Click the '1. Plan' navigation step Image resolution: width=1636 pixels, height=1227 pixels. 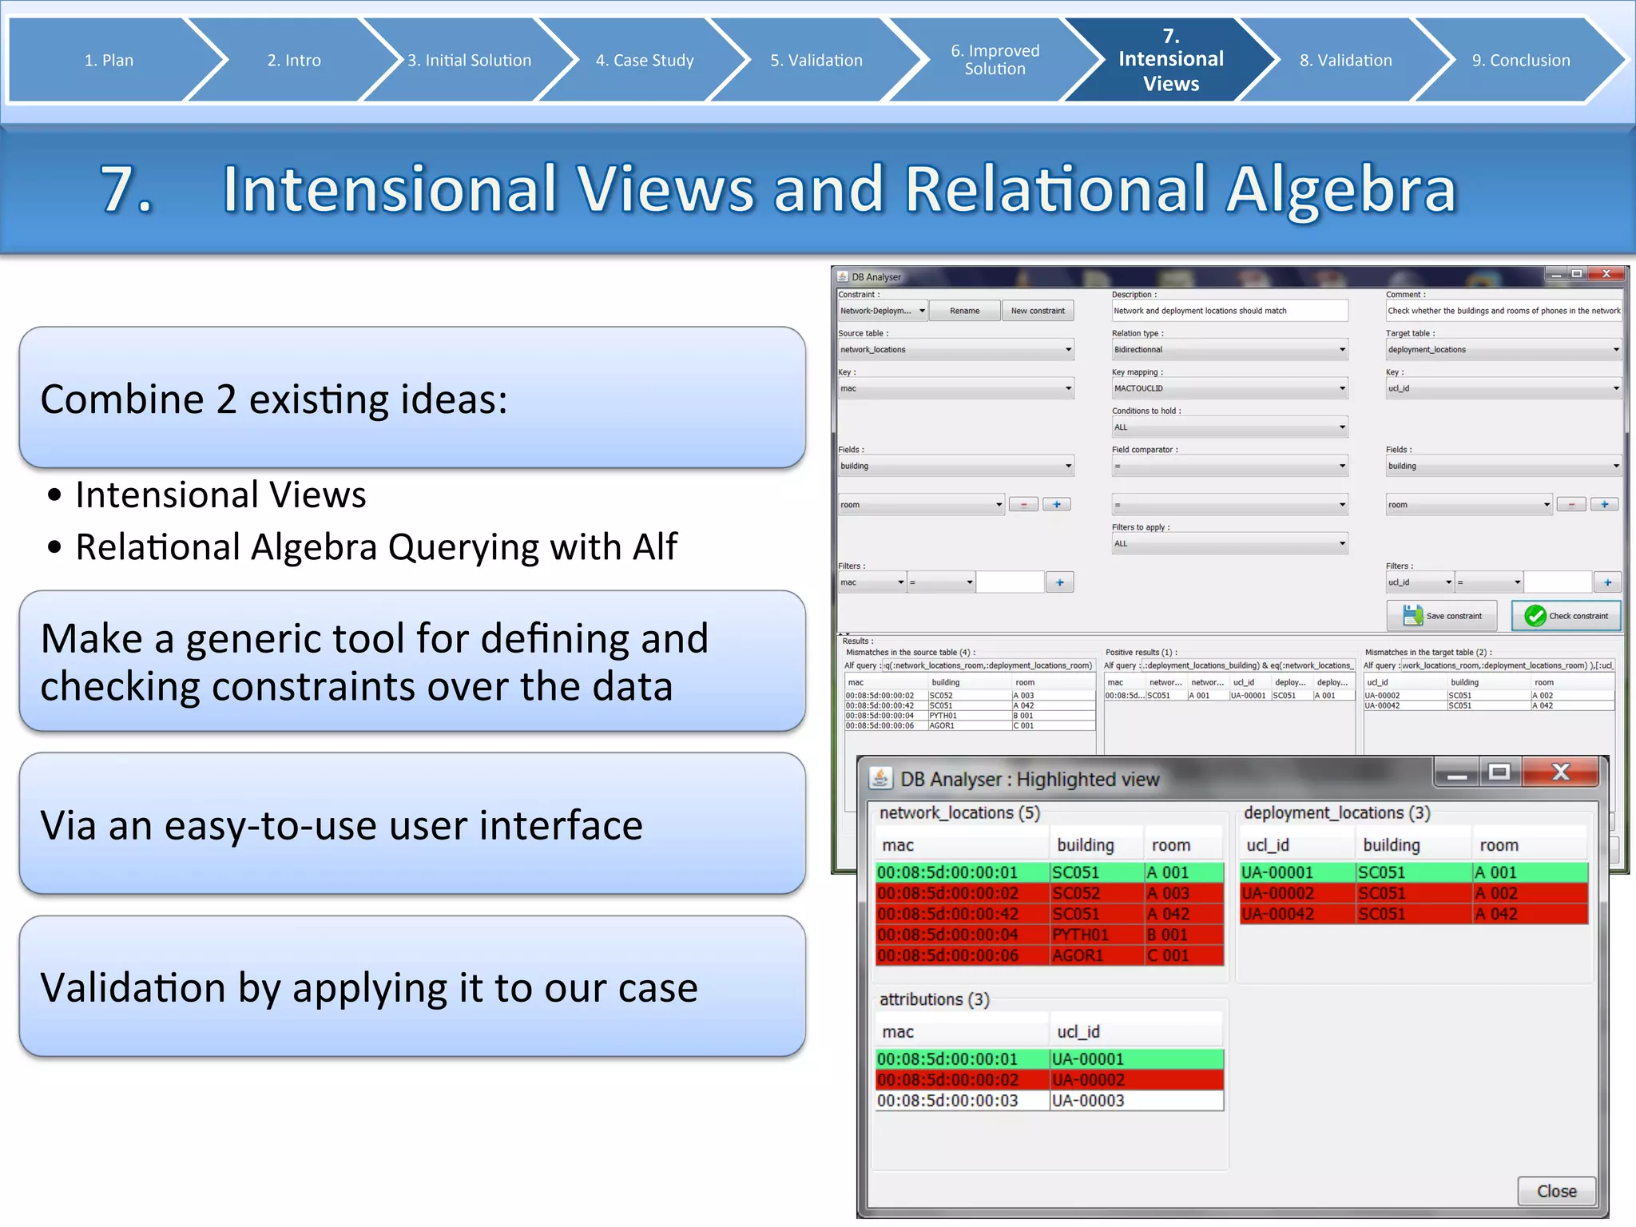tap(109, 60)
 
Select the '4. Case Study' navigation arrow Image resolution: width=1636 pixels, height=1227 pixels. tap(645, 60)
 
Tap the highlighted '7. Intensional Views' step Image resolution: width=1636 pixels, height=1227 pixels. tap(1170, 60)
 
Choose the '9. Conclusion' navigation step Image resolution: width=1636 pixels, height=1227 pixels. tap(1520, 60)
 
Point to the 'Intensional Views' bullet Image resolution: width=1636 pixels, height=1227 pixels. tap(220, 494)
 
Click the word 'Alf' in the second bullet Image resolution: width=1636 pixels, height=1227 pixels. tap(654, 547)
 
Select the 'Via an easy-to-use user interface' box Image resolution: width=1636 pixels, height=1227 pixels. tap(411, 824)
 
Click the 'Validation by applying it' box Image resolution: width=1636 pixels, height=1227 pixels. tap(411, 987)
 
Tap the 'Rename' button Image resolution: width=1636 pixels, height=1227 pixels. tap(964, 311)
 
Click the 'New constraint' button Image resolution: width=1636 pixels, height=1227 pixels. tap(1038, 311)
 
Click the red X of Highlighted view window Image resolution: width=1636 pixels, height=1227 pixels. tap(1560, 772)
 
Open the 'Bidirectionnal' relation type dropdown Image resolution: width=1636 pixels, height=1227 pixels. tap(1229, 350)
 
